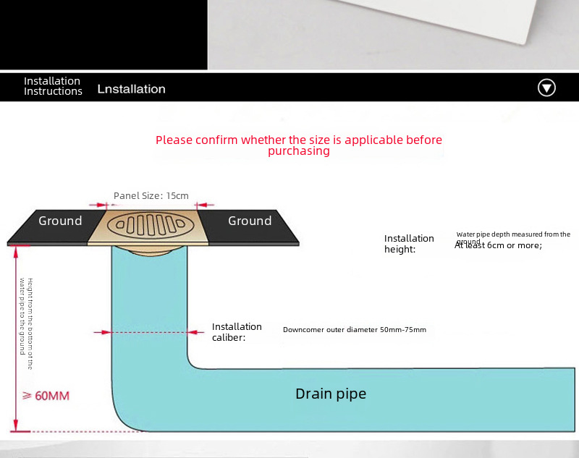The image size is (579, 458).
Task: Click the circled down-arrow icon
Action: [546, 88]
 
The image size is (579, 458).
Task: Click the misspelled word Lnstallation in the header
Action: [131, 89]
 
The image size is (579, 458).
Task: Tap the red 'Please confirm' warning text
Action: [298, 140]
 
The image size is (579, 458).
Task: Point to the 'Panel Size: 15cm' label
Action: [151, 196]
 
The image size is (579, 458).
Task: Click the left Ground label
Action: [60, 221]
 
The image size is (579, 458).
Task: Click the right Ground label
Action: [250, 221]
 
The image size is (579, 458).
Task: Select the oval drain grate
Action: [151, 224]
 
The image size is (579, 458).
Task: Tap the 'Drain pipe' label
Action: [331, 394]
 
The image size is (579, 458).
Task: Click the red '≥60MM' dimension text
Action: [46, 396]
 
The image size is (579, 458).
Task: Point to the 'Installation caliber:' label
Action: [237, 331]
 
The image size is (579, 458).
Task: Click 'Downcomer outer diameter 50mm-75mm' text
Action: [354, 330]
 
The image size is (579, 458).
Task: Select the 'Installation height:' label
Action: [409, 244]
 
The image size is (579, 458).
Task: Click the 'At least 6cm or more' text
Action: [499, 245]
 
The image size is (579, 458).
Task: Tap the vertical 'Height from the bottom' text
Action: [26, 323]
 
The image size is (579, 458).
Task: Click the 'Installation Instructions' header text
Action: [52, 86]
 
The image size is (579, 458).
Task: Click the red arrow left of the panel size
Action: [96, 205]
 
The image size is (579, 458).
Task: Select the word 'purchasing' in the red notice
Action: [298, 151]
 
